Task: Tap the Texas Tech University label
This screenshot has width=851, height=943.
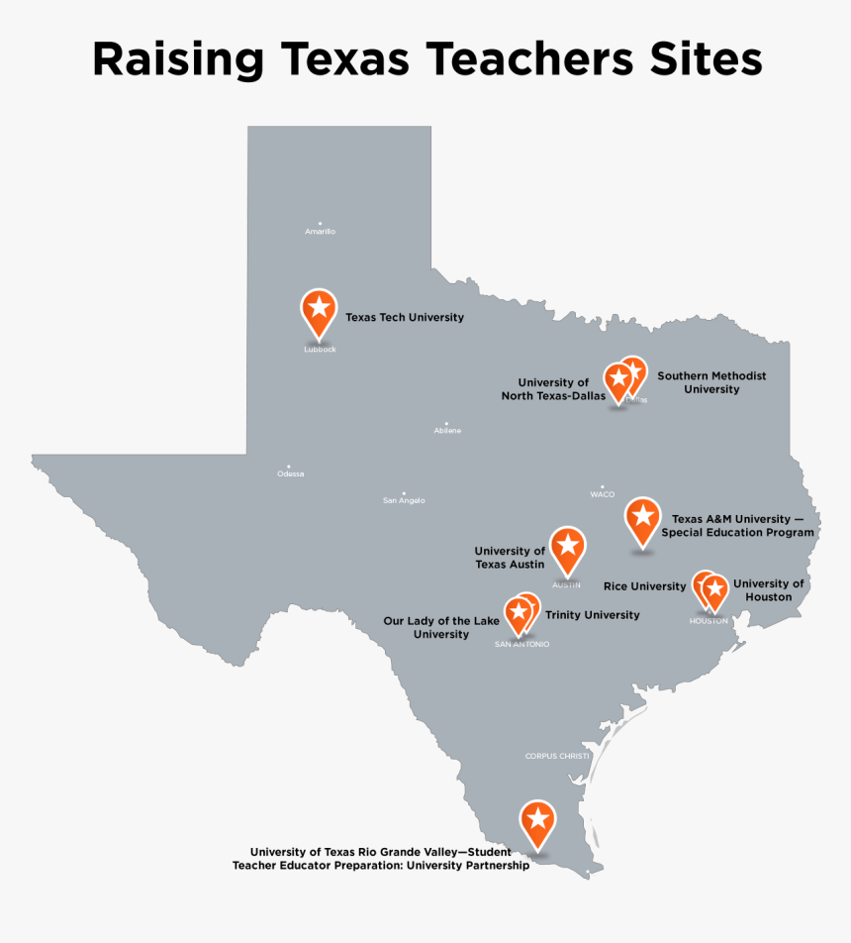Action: coord(404,318)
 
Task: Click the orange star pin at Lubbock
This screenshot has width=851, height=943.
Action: coord(319,309)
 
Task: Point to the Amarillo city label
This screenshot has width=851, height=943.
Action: coord(320,232)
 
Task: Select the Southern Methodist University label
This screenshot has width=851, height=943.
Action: coord(711,382)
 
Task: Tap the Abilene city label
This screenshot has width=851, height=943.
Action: coord(447,431)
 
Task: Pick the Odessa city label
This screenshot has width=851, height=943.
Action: coord(290,473)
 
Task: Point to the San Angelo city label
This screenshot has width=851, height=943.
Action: coord(404,500)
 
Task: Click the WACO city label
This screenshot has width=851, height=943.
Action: coord(602,494)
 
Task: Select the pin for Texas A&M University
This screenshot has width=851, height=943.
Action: coord(642,518)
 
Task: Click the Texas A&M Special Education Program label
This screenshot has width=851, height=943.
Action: coord(737,525)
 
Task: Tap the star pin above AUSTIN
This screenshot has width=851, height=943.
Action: coord(567,547)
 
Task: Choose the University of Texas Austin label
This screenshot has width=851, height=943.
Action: coord(510,558)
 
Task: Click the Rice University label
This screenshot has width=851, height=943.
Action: coord(644,586)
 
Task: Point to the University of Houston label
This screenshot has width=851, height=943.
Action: coord(768,590)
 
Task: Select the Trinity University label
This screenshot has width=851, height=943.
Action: coord(592,615)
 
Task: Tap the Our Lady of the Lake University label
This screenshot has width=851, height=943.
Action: coord(441,627)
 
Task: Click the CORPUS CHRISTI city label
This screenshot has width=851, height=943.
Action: coord(557,757)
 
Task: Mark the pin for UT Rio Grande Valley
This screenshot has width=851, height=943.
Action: coord(537,820)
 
